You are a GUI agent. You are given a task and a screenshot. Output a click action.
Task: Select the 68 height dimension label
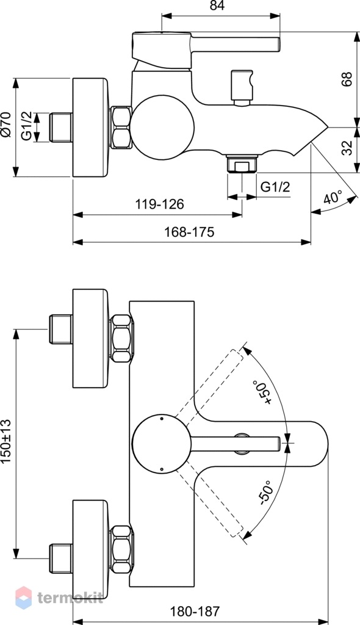pos(347,79)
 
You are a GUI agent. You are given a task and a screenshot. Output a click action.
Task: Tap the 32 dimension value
pos(347,148)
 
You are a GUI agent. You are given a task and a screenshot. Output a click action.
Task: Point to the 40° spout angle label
pos(333,197)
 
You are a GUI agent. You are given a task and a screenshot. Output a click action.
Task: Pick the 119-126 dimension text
pos(159,204)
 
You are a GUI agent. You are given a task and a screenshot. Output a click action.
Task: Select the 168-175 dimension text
pos(189,231)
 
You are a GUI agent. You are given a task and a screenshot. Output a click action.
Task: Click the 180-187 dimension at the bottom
pos(195,611)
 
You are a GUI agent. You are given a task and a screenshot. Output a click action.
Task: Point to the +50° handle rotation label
pos(261,392)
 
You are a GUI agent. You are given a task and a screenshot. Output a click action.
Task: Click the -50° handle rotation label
pos(265,493)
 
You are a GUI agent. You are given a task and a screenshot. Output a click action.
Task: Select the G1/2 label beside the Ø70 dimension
pos(27,126)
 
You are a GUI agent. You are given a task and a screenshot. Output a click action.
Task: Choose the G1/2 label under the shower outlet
pos(275,187)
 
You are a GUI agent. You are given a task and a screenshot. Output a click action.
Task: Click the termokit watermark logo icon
pos(24,598)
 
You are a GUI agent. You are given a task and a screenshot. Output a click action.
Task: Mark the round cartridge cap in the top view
pos(162,443)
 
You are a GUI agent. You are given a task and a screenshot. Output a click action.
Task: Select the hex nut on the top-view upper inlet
pos(121,338)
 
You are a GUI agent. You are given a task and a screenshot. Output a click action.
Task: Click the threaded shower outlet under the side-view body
pos(242,164)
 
